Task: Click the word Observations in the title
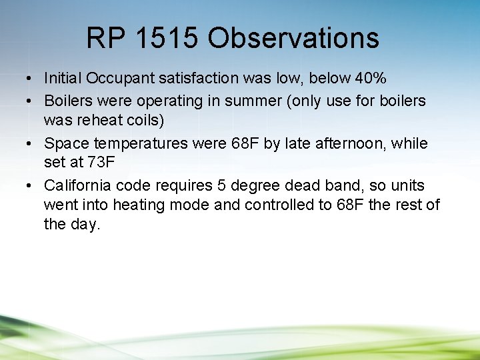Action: [293, 39]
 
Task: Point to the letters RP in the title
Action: [105, 39]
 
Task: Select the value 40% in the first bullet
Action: [371, 79]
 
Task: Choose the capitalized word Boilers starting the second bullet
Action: [65, 101]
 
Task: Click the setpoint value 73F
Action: [103, 163]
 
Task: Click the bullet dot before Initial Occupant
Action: [31, 79]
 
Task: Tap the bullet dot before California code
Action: [31, 185]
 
